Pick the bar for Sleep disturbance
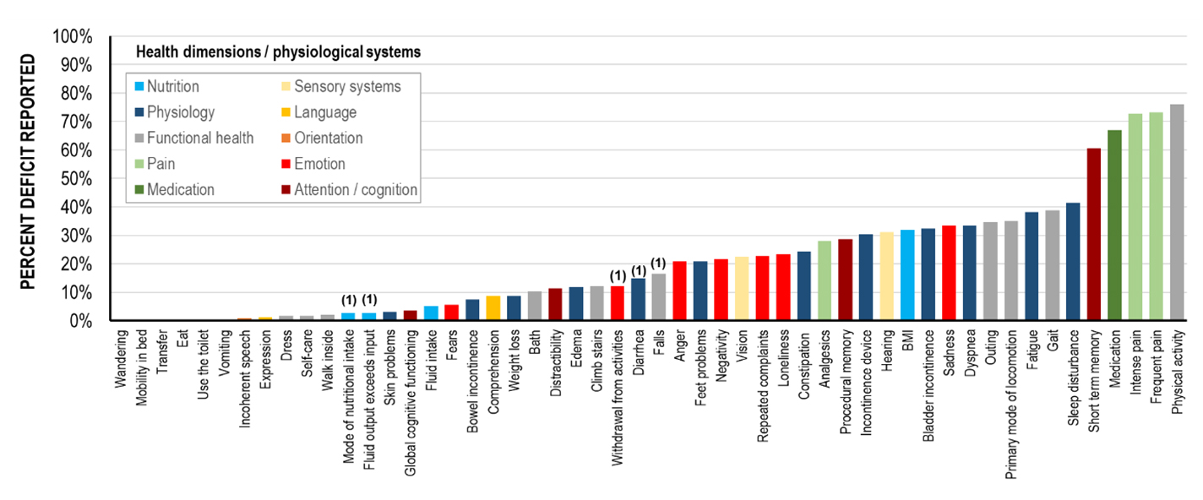1073,262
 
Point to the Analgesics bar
825,281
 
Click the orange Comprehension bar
493,308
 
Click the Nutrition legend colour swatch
139,87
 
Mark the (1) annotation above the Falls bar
659,263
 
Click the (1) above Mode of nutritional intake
348,300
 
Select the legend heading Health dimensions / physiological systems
279,52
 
